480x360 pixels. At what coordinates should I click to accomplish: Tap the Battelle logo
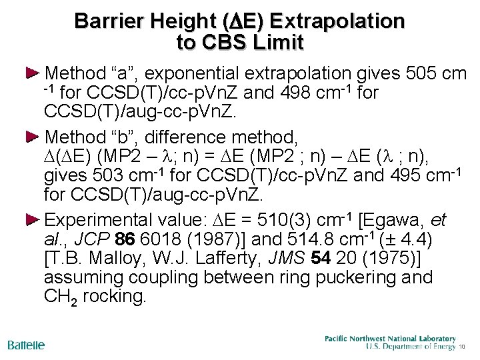(26, 345)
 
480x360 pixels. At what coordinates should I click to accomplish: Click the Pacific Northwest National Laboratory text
(390, 339)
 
